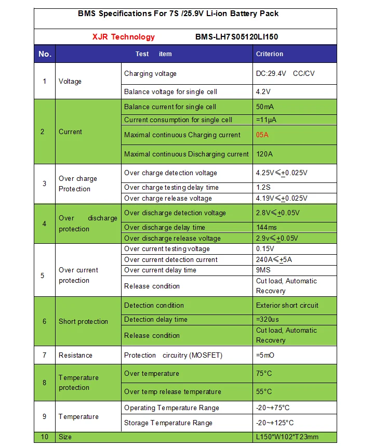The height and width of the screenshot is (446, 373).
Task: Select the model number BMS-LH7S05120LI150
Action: pos(239,37)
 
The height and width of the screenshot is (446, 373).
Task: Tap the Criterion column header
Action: pos(270,54)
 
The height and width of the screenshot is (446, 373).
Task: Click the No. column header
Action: pos(45,54)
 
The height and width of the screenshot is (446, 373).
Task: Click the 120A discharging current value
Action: pos(264,154)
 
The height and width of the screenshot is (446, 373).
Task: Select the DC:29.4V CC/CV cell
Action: pos(285,73)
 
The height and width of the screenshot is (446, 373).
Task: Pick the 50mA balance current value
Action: pos(265,107)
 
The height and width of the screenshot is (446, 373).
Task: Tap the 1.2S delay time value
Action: pos(263,187)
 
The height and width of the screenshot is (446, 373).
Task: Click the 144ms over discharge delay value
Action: pos(267,227)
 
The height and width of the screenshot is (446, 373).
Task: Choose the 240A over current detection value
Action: pos(274,259)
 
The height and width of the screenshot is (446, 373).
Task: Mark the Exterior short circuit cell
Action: pos(287,305)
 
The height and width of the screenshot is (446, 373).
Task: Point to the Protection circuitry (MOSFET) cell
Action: pos(173,355)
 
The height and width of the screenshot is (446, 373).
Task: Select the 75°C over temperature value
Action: pos(264,373)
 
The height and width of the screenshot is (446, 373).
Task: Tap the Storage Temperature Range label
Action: pos(168,423)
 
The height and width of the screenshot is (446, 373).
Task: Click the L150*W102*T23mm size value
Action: pos(287,437)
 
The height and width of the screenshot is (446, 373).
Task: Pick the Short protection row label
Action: pos(83,321)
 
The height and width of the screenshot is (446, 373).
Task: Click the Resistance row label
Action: pos(75,355)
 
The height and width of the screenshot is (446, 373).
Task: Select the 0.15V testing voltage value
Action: pos(265,248)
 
